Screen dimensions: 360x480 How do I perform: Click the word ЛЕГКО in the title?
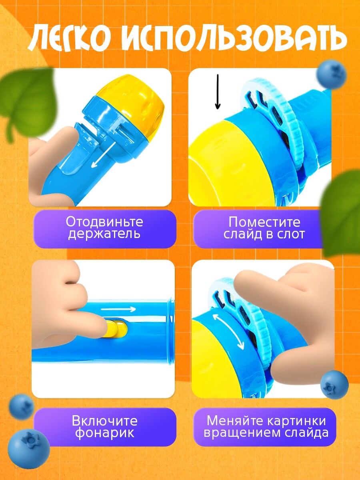70,38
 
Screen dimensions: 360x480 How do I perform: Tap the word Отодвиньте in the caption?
104,222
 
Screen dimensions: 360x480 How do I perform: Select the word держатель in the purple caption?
104,234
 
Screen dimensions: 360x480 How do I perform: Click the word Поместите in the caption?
264,222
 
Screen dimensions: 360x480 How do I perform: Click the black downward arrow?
218,92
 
